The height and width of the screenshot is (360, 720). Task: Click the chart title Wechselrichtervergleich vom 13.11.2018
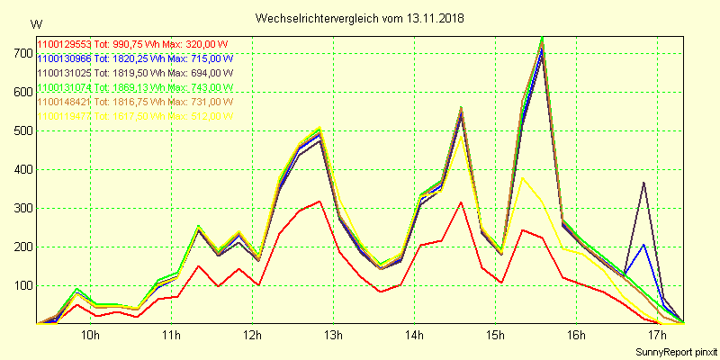pos(360,18)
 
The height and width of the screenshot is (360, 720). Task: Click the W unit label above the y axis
pos(36,23)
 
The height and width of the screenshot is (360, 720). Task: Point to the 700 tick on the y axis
pos(19,54)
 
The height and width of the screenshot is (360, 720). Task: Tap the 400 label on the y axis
pos(19,169)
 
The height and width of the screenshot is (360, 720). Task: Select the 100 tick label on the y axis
pos(19,285)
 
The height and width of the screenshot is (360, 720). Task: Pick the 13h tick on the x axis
pos(333,336)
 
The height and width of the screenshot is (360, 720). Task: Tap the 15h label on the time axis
pos(495,336)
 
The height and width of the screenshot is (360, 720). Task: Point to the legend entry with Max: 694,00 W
pos(135,73)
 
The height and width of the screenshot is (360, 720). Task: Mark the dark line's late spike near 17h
pos(643,183)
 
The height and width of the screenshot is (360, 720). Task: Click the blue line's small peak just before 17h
pos(643,244)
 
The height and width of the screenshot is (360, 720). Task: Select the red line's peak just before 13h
pos(319,201)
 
